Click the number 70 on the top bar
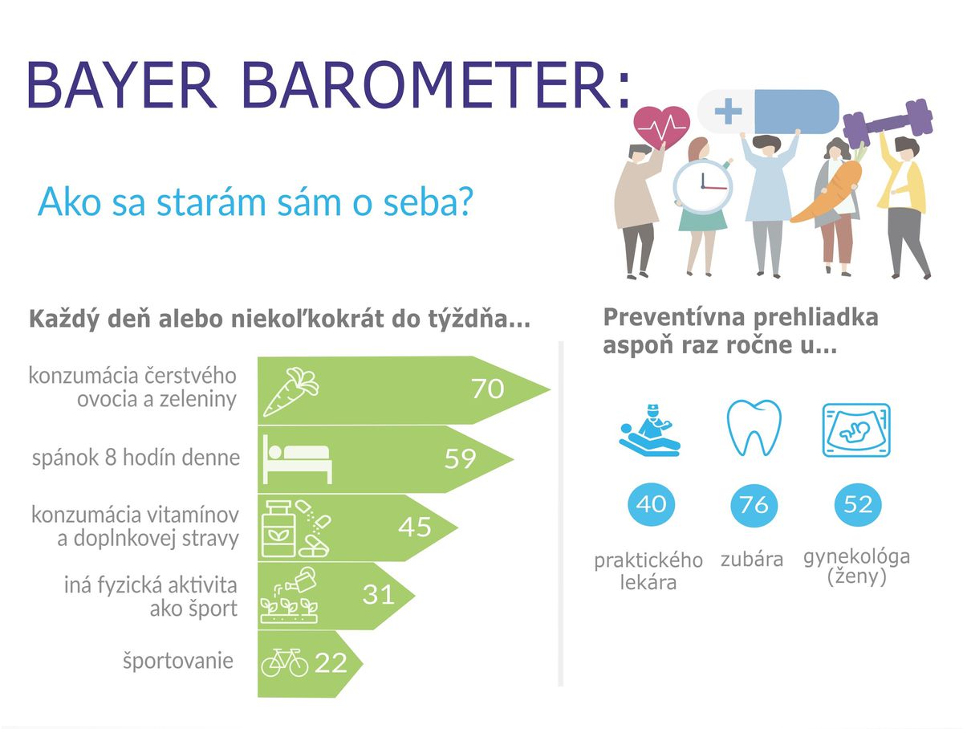[x=487, y=389]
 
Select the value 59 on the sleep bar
[x=460, y=458]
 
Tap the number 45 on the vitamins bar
[x=415, y=527]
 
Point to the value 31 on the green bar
[x=378, y=595]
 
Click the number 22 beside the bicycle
[x=331, y=662]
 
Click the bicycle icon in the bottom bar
[x=285, y=662]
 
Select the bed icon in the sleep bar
[x=298, y=458]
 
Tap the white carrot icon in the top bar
[x=291, y=392]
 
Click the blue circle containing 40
[x=651, y=504]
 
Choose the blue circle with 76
[x=754, y=504]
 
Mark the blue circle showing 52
[x=858, y=504]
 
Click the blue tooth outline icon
[x=754, y=428]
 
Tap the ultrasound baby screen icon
[x=856, y=430]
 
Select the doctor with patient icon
[x=650, y=430]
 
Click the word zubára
[x=751, y=560]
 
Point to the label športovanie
[x=178, y=661]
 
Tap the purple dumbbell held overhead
[x=888, y=124]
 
